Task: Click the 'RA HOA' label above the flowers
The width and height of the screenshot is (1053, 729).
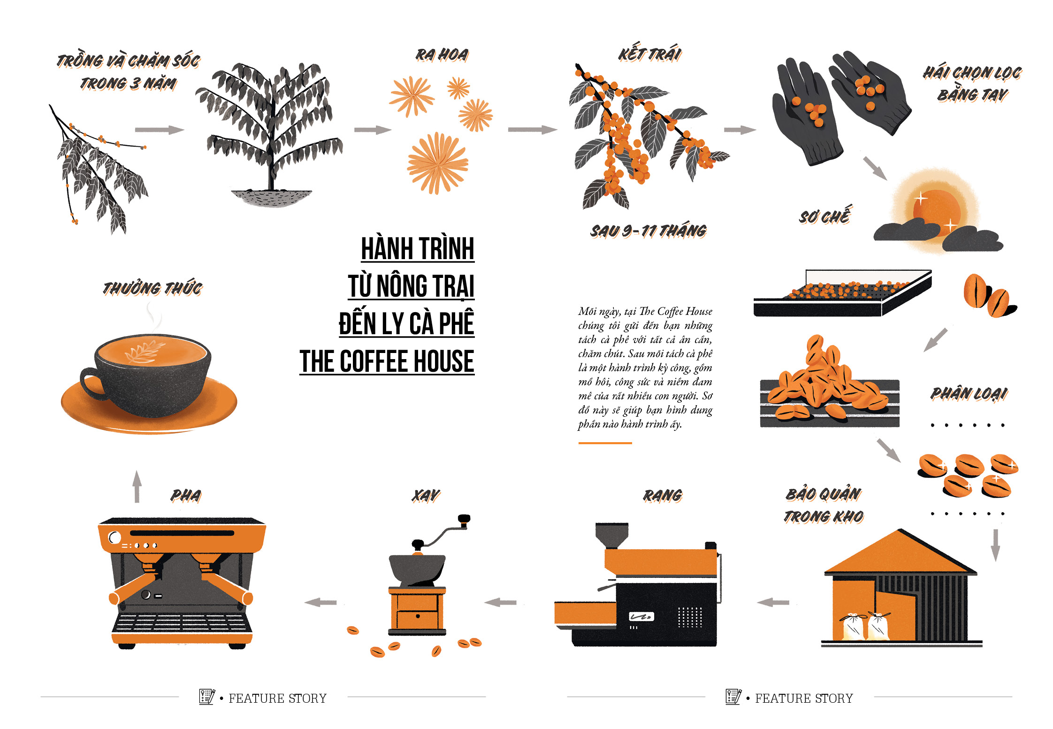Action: [x=442, y=55]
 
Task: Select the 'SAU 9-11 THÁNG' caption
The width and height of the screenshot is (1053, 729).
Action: [x=649, y=231]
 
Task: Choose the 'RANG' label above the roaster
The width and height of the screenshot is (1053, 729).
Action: [x=663, y=495]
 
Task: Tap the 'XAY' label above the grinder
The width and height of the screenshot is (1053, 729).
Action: [x=426, y=495]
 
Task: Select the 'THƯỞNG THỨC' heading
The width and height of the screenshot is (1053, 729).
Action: [x=153, y=288]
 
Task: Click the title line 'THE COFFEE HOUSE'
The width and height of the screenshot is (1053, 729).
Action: [x=387, y=361]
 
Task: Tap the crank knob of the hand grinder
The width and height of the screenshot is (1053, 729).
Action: [x=464, y=519]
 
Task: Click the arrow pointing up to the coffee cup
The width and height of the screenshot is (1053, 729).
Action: [x=137, y=486]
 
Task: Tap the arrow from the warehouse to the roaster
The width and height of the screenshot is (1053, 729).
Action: [x=773, y=602]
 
